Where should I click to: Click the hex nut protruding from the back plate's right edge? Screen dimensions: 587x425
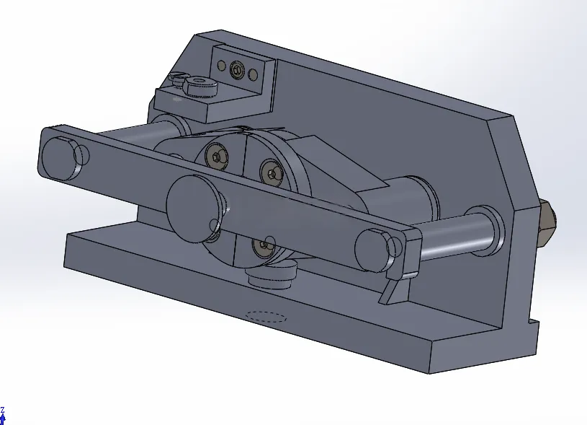tap(547, 224)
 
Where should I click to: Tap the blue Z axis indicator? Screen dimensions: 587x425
tap(3, 416)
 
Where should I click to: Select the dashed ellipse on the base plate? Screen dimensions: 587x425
tap(266, 317)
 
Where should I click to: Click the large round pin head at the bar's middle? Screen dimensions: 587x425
tap(194, 209)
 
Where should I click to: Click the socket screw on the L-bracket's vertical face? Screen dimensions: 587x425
tap(236, 70)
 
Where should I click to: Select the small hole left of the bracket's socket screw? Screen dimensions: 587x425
tap(222, 66)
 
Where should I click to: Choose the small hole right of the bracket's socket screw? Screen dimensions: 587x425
tap(253, 74)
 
